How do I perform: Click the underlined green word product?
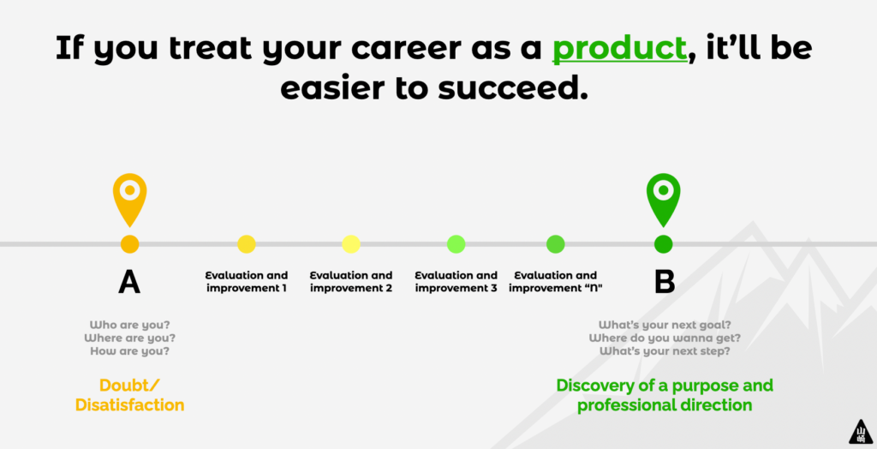tap(619, 49)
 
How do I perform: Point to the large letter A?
tap(129, 282)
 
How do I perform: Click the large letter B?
tap(665, 282)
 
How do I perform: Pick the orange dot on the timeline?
tap(130, 244)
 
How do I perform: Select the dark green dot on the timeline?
tap(664, 244)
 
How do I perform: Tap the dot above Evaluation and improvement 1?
tap(247, 244)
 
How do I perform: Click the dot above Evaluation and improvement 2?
tap(351, 244)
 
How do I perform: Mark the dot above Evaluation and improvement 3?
tap(456, 244)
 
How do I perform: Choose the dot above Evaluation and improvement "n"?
tap(555, 244)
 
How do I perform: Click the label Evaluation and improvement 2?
tap(351, 282)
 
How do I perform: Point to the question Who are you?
tap(130, 325)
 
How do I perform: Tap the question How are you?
tap(130, 351)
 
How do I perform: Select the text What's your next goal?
tap(665, 325)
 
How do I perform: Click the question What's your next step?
tap(665, 351)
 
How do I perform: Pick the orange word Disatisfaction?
tap(130, 404)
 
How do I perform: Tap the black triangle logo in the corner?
tap(861, 432)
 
